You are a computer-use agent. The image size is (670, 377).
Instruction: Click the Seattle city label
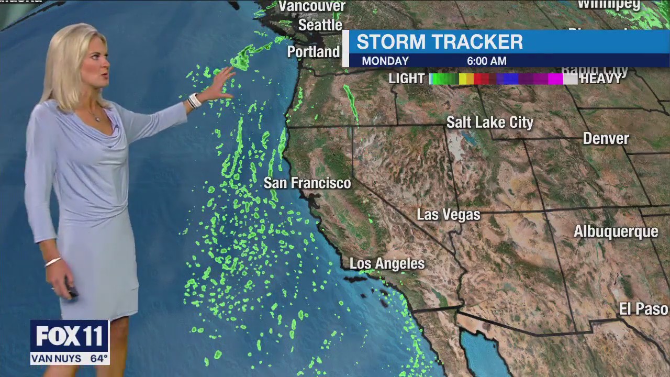coord(320,25)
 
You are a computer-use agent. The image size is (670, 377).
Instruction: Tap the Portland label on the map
coord(314,52)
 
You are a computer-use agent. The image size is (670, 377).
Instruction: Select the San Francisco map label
coord(307,183)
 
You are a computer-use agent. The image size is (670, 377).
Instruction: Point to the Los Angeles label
coord(387,264)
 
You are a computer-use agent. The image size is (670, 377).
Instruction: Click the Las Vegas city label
coord(448,215)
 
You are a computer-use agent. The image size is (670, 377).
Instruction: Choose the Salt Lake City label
coord(489,123)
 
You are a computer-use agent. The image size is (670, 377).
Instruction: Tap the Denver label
coord(606,139)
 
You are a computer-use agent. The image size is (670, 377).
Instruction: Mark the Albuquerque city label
coord(616,231)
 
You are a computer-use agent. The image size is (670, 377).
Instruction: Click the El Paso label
coord(643,309)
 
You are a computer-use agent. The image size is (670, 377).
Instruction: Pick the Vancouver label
coord(312,6)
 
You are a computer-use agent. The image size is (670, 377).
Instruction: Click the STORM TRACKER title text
coord(440,42)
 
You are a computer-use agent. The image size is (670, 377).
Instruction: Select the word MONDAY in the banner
coord(385,61)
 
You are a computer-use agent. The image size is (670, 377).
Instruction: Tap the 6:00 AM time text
coord(486,61)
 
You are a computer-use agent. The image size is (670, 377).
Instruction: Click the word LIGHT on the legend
coord(407,79)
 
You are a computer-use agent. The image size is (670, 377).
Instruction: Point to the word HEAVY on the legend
coord(601,79)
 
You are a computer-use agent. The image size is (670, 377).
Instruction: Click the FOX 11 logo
coord(69,336)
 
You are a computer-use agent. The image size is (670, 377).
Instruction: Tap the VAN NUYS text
coord(57,359)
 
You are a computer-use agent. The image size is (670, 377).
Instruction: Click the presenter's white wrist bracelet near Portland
coord(194,101)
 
